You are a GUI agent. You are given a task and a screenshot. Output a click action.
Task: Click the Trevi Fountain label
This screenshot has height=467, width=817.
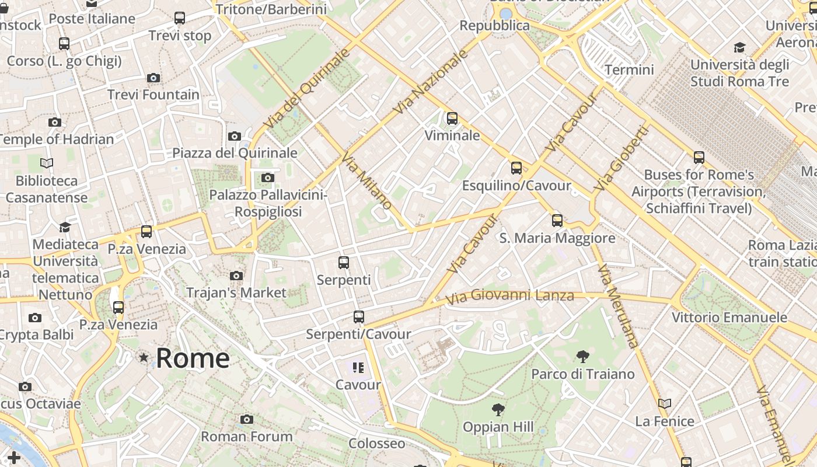point(153,95)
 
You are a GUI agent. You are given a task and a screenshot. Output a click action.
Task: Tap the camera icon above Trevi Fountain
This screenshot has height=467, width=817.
point(153,78)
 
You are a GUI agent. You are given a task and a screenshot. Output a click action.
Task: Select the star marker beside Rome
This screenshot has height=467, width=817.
point(144,357)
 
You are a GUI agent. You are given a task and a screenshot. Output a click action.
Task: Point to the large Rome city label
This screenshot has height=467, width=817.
point(193,358)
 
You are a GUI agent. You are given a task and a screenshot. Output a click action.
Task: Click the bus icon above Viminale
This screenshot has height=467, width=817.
point(452,119)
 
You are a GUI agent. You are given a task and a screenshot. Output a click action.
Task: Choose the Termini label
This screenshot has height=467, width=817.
point(629,70)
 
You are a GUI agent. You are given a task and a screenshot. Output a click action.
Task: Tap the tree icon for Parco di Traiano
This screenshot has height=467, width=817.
point(582,357)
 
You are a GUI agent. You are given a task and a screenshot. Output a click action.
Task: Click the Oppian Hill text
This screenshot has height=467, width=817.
point(498,427)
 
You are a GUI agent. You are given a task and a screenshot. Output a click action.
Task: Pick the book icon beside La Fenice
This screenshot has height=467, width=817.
point(664,403)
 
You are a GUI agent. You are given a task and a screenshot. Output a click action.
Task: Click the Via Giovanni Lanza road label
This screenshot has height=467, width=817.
point(509,297)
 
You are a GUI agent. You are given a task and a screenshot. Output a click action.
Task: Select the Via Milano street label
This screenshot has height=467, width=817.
point(366,181)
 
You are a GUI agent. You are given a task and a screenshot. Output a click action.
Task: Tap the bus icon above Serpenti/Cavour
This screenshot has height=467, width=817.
point(359,317)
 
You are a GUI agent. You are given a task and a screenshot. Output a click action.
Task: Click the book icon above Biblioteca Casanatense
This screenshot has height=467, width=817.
point(47,163)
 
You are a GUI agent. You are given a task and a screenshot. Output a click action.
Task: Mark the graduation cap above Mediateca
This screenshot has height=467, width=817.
point(65,226)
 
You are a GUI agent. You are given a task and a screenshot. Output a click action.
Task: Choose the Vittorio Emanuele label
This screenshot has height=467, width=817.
point(729,318)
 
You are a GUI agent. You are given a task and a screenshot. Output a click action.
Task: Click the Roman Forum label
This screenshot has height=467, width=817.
point(247,437)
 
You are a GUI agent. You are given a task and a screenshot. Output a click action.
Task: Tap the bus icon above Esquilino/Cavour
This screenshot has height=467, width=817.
point(516,168)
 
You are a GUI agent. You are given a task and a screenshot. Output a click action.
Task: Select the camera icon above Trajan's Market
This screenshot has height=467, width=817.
point(236,276)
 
